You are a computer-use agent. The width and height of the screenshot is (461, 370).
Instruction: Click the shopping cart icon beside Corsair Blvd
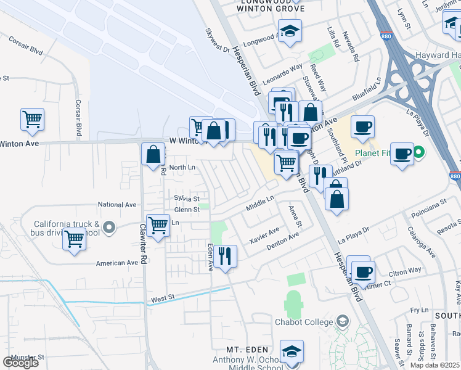(32, 119)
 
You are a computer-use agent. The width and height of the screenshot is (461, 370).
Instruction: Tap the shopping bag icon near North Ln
(153, 154)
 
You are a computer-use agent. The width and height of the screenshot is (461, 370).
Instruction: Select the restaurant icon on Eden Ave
(225, 256)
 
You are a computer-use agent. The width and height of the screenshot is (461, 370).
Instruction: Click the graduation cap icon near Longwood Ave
(289, 31)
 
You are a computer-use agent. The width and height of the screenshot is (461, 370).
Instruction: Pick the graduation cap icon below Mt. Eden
(292, 351)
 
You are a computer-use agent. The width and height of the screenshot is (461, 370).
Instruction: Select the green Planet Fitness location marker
(419, 152)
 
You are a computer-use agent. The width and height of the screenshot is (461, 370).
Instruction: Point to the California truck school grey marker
(109, 228)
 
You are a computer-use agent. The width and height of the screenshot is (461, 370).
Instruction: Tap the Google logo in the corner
(20, 363)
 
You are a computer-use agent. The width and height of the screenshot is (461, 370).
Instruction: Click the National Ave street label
(117, 205)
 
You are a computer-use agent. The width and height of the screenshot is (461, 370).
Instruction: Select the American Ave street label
(117, 263)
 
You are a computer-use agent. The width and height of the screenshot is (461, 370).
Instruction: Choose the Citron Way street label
(405, 270)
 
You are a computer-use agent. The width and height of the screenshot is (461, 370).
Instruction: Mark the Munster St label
(24, 357)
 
